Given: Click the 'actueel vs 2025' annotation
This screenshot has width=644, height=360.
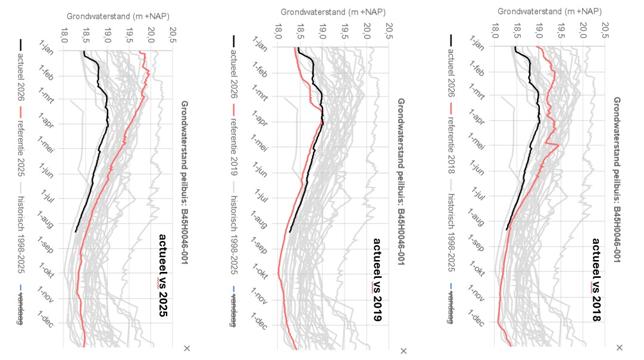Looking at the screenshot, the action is [x=163, y=276].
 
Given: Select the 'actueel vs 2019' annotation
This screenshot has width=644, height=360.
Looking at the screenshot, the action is [x=378, y=280].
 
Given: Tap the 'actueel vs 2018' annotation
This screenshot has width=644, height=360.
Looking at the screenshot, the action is [x=596, y=280].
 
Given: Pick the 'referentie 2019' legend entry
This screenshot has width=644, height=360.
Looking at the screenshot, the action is [x=234, y=140].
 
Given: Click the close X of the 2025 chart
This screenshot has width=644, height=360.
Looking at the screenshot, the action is [x=187, y=349].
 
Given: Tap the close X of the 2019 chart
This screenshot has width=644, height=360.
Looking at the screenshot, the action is [x=404, y=351].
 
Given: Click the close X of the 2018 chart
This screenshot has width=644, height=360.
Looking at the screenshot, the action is [x=620, y=348].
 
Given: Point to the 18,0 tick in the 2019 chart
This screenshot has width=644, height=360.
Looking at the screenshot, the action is [x=278, y=31].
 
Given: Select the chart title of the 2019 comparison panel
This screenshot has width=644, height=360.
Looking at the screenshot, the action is [x=401, y=181].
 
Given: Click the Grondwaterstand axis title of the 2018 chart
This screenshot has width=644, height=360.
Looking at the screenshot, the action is [x=549, y=11].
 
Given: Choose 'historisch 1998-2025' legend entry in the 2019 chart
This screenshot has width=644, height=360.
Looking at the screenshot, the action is [x=234, y=229].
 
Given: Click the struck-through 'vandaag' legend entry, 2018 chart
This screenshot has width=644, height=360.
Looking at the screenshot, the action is [x=451, y=307].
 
